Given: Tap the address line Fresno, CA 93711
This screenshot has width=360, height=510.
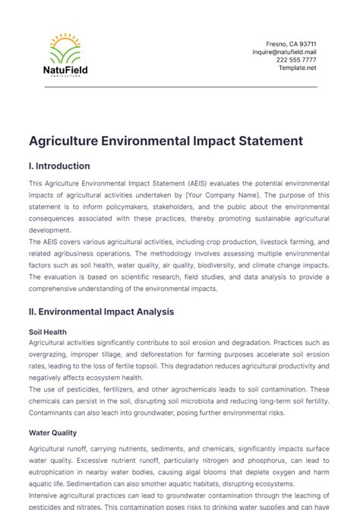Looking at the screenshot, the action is pos(291,43).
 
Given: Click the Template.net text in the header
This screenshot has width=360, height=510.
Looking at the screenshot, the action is pos(297,68).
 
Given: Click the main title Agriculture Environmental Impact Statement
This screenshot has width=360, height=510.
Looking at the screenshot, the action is pos(155,141).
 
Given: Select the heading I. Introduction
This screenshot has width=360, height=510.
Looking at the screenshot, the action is pos(59,166).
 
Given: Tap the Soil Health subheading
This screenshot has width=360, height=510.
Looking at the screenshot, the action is pos(47,332).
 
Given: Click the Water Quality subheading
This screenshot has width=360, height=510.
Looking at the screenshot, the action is pos(52,433).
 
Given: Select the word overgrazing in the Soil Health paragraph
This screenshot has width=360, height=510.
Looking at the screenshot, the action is pos(55,355).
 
